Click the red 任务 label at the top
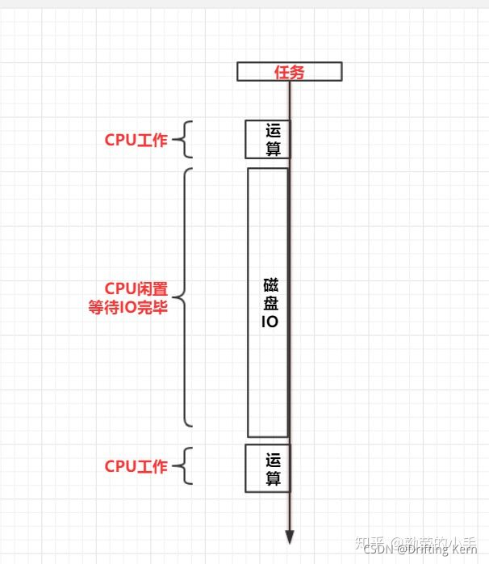click(x=288, y=72)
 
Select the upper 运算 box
click(x=267, y=140)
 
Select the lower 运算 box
click(x=267, y=469)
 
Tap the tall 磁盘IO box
click(x=268, y=302)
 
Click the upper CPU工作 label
click(x=136, y=140)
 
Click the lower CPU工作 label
click(x=136, y=467)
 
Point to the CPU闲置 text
click(x=136, y=289)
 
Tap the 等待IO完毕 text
click(x=127, y=307)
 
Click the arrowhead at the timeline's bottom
click(x=290, y=537)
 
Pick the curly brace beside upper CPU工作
click(x=185, y=140)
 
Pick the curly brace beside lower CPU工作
click(x=185, y=467)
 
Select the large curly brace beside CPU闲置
click(x=185, y=297)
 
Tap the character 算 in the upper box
click(x=274, y=148)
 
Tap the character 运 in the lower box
click(x=274, y=460)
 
